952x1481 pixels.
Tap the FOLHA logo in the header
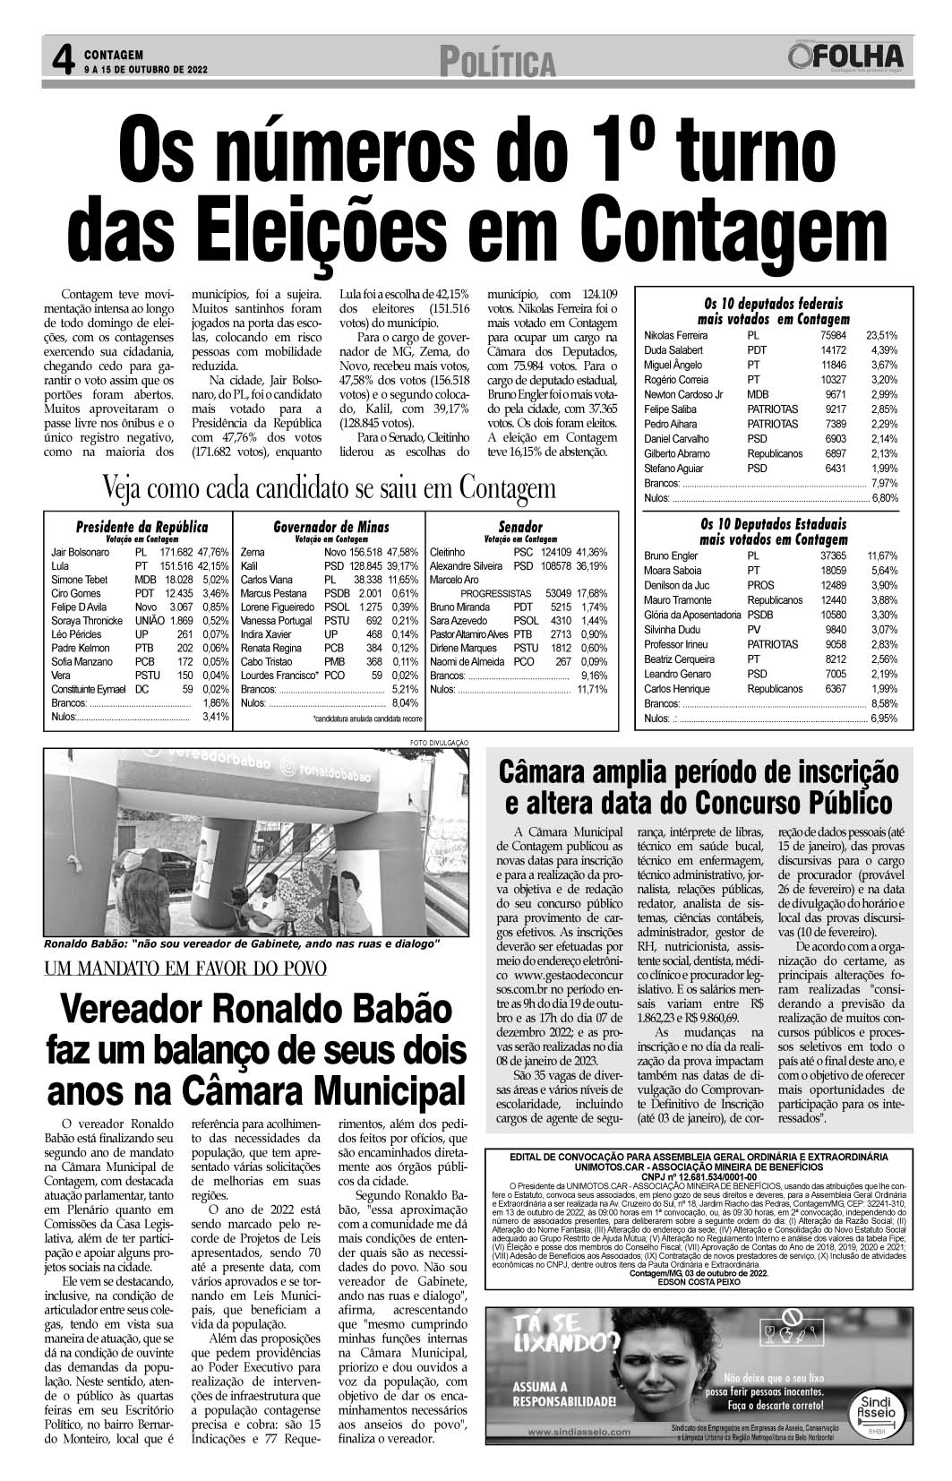click(x=847, y=57)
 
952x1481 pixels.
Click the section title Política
click(x=497, y=63)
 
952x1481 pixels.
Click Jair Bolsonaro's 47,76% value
click(x=214, y=553)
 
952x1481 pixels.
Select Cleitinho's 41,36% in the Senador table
click(x=592, y=553)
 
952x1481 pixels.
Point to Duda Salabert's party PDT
click(x=757, y=350)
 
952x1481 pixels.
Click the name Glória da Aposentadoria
click(x=692, y=616)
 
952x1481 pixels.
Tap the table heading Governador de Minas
click(x=331, y=527)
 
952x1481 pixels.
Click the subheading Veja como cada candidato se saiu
click(x=330, y=489)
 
